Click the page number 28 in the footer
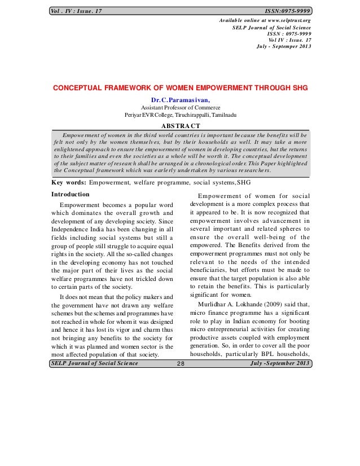(x=180, y=363)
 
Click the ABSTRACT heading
(x=181, y=125)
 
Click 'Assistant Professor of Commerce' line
(x=181, y=107)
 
